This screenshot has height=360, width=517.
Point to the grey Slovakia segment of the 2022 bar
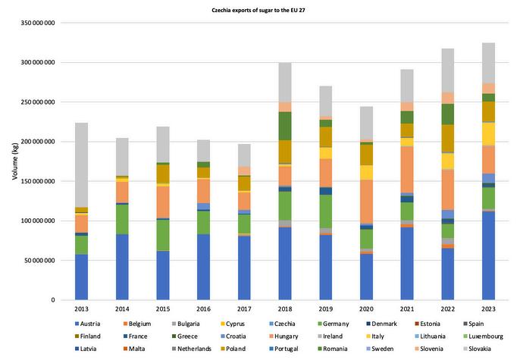[x=448, y=70]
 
